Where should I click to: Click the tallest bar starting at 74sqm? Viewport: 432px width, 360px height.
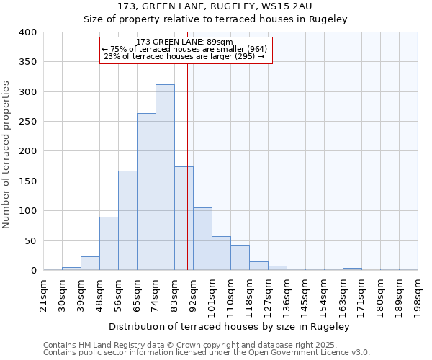(x=165, y=177)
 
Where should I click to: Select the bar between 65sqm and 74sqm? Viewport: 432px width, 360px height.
(x=146, y=192)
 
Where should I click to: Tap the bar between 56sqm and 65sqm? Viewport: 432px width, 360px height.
(x=127, y=220)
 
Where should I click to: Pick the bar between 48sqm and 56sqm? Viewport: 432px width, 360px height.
(x=109, y=243)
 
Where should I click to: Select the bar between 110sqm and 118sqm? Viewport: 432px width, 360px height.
(x=240, y=258)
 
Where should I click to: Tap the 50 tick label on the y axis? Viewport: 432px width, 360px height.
(x=31, y=240)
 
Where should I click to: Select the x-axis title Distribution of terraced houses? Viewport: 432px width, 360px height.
(x=230, y=326)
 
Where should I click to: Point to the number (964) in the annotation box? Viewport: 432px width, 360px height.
(x=253, y=49)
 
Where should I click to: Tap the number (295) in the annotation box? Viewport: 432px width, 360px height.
(x=243, y=56)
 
